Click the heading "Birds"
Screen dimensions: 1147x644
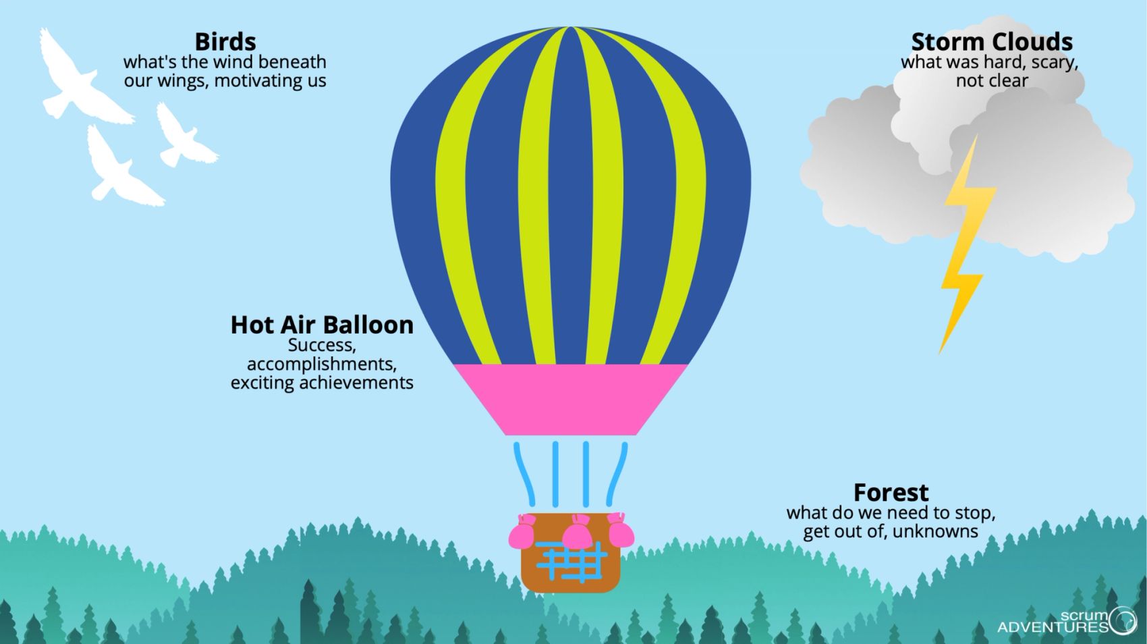225,42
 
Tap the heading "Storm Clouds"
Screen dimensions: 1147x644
991,42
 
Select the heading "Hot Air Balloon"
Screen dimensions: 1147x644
322,325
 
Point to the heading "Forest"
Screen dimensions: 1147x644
891,492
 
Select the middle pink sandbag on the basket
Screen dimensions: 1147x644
578,533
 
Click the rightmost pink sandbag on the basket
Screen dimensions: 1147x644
620,530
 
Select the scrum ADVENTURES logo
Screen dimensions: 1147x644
1066,621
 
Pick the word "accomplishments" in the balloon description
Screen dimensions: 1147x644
322,364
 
